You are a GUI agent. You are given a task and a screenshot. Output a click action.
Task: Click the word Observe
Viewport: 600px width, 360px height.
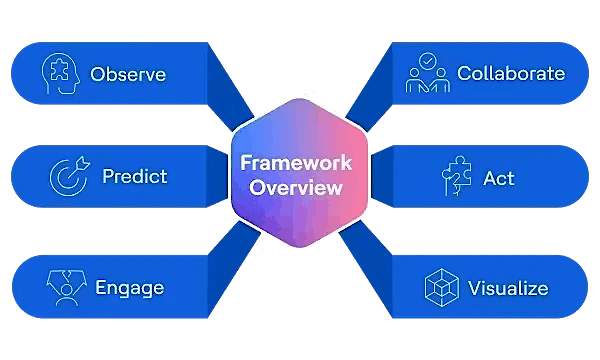[x=127, y=74]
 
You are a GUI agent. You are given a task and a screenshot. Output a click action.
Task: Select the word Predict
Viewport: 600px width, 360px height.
[x=134, y=177]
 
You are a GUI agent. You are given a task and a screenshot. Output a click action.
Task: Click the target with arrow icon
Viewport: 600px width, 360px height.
[x=66, y=177]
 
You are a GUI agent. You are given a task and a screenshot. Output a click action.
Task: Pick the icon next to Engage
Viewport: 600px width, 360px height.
[x=65, y=288]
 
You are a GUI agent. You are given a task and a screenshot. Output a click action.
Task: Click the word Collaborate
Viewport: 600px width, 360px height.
[x=510, y=73]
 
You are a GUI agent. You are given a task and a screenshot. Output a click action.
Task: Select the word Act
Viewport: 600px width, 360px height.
[x=498, y=178]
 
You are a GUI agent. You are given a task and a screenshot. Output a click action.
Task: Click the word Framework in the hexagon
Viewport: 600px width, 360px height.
[x=299, y=163]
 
